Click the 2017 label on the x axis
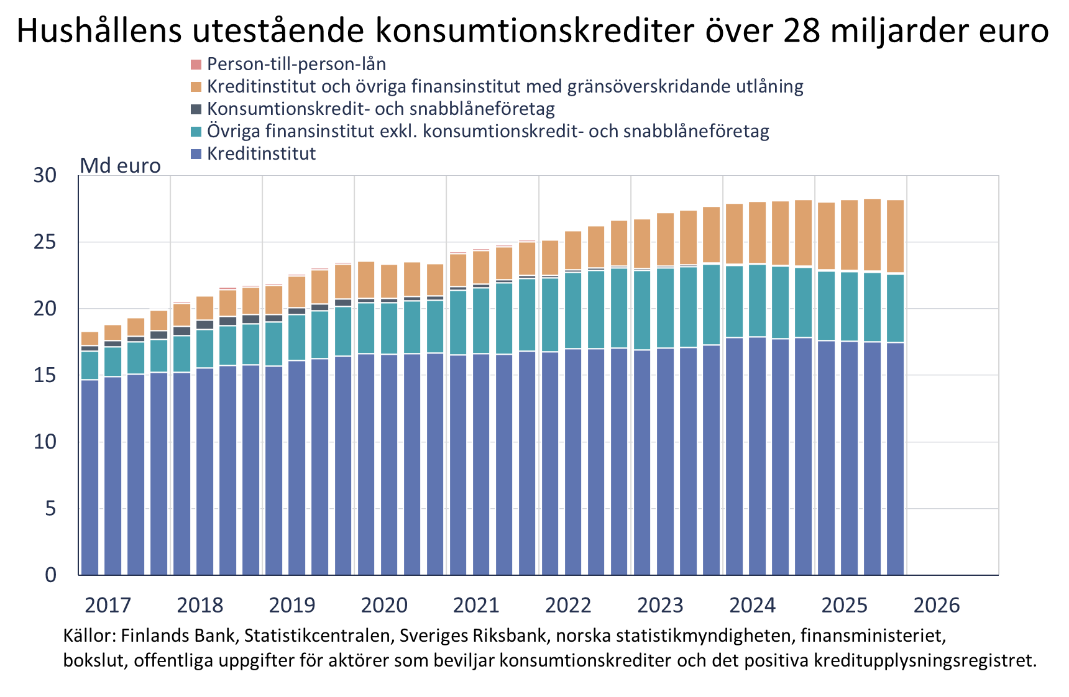pos(108,605)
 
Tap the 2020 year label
pos(384,605)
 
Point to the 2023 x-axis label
pos(660,605)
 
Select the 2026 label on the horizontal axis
pos(936,605)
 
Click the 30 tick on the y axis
pos(45,176)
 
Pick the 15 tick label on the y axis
pos(45,375)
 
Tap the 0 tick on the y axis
pos(50,575)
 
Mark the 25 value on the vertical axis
pos(45,242)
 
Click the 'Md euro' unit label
pos(120,166)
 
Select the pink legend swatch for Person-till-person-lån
pos(196,65)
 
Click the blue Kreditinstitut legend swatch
pos(196,154)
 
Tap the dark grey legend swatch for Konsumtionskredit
pos(196,109)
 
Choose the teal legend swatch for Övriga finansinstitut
pos(196,132)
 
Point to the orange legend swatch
pos(196,87)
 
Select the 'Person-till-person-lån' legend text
pos(296,64)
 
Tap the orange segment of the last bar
pos(895,236)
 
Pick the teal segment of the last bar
pos(895,308)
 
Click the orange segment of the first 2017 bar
pos(90,338)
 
